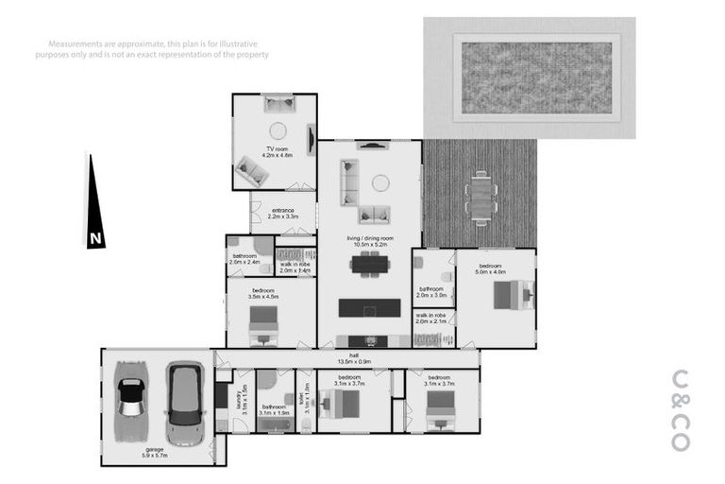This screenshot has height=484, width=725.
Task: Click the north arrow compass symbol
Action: coord(95,203)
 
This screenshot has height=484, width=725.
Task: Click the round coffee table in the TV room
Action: coord(278,131)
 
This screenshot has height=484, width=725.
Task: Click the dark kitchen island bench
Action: coord(369,308)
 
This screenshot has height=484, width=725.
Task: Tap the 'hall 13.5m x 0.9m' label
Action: coord(348,358)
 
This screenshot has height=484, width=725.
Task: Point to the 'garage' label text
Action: coord(154,451)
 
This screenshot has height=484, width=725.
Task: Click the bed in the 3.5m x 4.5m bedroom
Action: coord(264,324)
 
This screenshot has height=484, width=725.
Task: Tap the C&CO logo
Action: coord(681,407)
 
